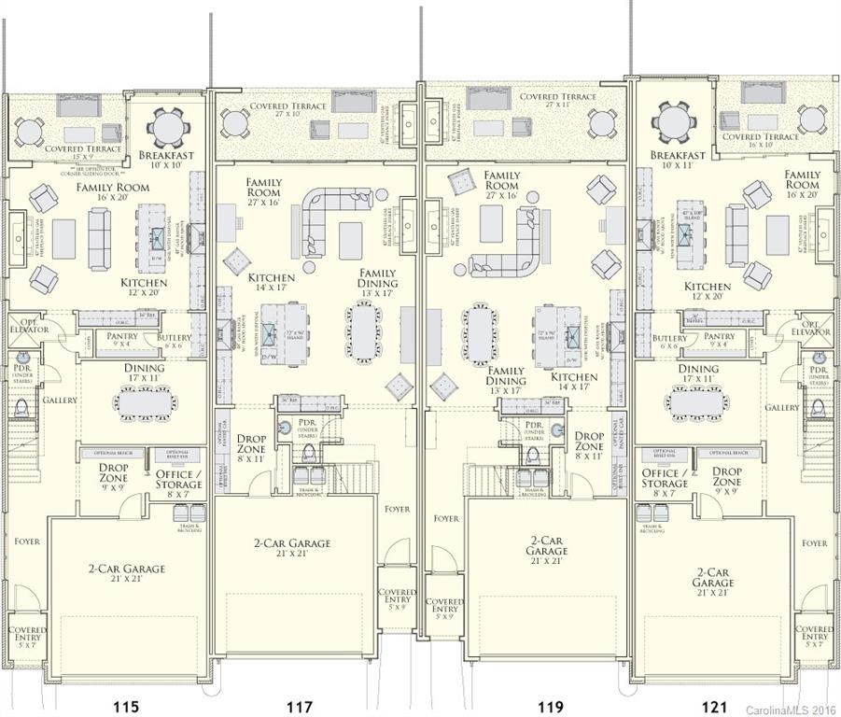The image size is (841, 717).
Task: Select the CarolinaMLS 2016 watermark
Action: coord(791,710)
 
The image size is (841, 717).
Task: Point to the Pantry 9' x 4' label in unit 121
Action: coord(719,341)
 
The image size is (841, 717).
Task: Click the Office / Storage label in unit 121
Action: coord(665,479)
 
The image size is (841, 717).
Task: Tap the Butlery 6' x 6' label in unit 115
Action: coord(175,342)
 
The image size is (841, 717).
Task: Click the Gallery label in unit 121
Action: coord(782,407)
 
